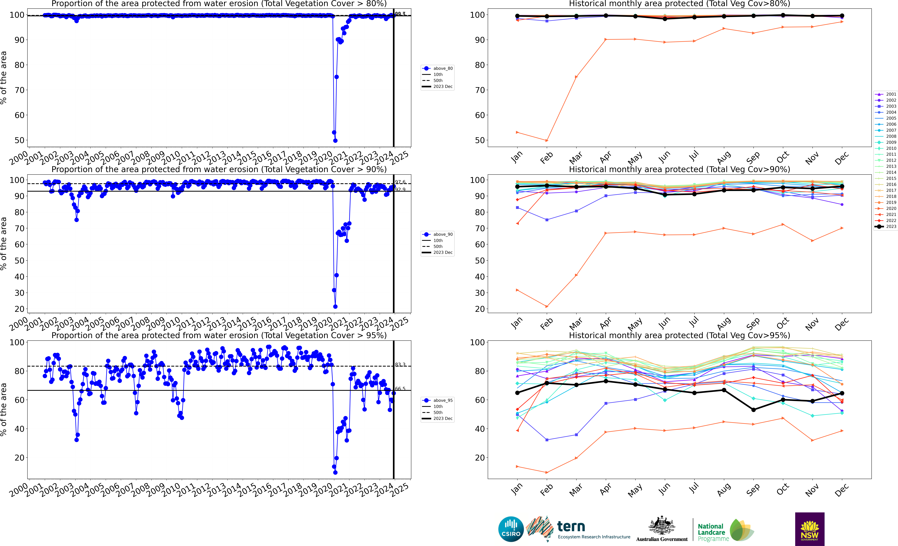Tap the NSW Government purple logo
[x=809, y=529]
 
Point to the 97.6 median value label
[x=400, y=182]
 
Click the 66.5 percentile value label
[x=400, y=389]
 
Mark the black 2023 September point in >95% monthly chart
[x=753, y=410]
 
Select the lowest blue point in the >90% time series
[x=335, y=306]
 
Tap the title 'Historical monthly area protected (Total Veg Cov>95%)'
[x=679, y=335]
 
